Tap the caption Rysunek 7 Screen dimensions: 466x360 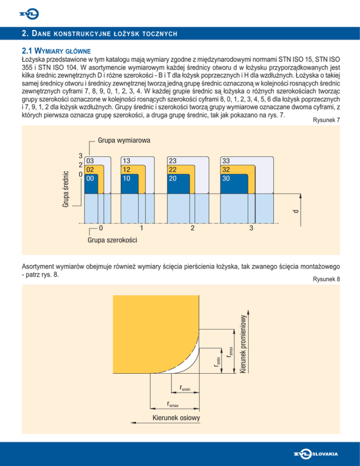(x=325, y=120)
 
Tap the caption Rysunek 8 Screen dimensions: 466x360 (x=325, y=279)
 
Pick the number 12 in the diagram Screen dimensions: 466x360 (x=126, y=170)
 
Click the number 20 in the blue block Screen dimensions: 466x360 (x=173, y=178)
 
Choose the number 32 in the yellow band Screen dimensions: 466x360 (x=226, y=170)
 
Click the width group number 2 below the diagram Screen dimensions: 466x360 (x=192, y=229)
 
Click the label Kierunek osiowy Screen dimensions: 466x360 (x=177, y=418)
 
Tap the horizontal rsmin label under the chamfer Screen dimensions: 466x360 (x=185, y=388)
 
